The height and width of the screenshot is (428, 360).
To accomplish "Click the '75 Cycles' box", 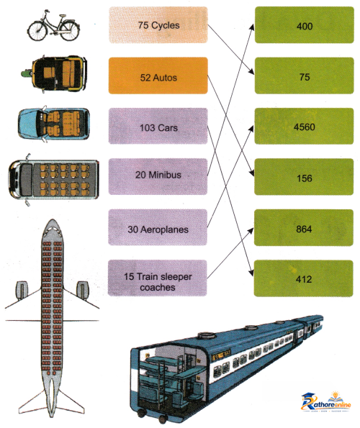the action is pos(158,25).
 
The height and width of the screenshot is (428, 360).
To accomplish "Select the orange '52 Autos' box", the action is pos(158,76).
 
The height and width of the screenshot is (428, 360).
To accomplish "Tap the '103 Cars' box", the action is pos(158,126).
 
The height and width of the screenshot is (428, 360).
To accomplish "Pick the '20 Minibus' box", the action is pos(158,177).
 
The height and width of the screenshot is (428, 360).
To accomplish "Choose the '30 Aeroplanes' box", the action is pos(158,227).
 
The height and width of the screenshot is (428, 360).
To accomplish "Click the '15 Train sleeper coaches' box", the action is pos(158,278).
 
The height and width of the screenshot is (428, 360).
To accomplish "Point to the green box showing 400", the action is pos(305,25).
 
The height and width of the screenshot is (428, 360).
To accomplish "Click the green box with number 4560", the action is pos(304,126).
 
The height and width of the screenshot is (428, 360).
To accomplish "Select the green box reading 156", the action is pos(304,177).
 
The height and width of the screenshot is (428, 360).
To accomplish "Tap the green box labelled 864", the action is pos(304,227).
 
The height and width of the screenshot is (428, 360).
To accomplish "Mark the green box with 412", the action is pos(303,278).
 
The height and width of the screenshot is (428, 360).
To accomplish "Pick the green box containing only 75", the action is pos(305,76).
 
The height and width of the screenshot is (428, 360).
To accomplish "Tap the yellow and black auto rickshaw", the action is pos(54,73).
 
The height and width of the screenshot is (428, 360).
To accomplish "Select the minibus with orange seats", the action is pos(53,180).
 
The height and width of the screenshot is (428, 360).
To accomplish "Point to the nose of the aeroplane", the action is pos(52,222).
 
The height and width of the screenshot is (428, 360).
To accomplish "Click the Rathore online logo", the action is pos(326,402).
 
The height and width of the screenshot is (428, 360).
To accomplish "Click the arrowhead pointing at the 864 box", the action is pos(251,231).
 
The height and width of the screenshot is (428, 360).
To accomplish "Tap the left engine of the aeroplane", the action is pos(22,289).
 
